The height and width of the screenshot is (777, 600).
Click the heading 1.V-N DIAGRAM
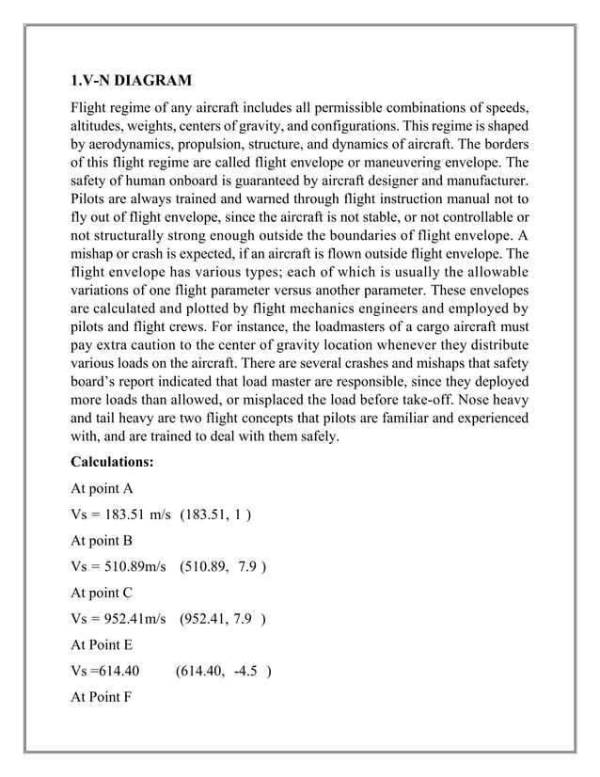click(x=132, y=78)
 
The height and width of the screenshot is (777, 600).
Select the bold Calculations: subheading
click(x=112, y=462)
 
